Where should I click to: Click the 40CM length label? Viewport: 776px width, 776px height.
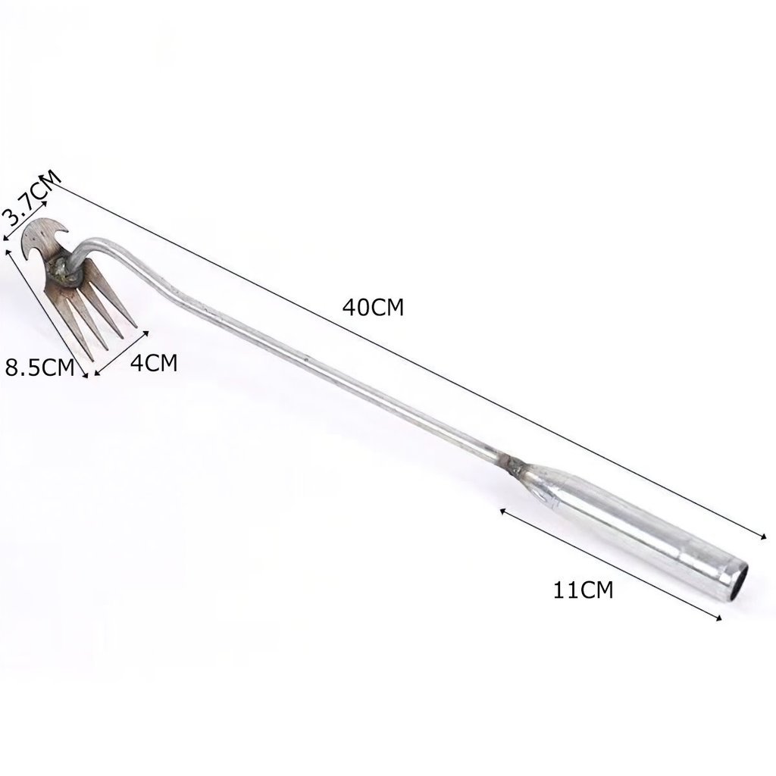pyautogui.click(x=373, y=308)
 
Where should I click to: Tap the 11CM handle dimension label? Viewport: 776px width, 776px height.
pyautogui.click(x=583, y=590)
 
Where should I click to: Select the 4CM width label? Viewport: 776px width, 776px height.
pyautogui.click(x=154, y=363)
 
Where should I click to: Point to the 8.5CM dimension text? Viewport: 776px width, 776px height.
pyautogui.click(x=39, y=368)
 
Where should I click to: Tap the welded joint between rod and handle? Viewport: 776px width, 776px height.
pyautogui.click(x=514, y=465)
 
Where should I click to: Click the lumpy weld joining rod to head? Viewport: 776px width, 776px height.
pyautogui.click(x=64, y=271)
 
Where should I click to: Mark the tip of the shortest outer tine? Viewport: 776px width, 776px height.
pyautogui.click(x=136, y=327)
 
